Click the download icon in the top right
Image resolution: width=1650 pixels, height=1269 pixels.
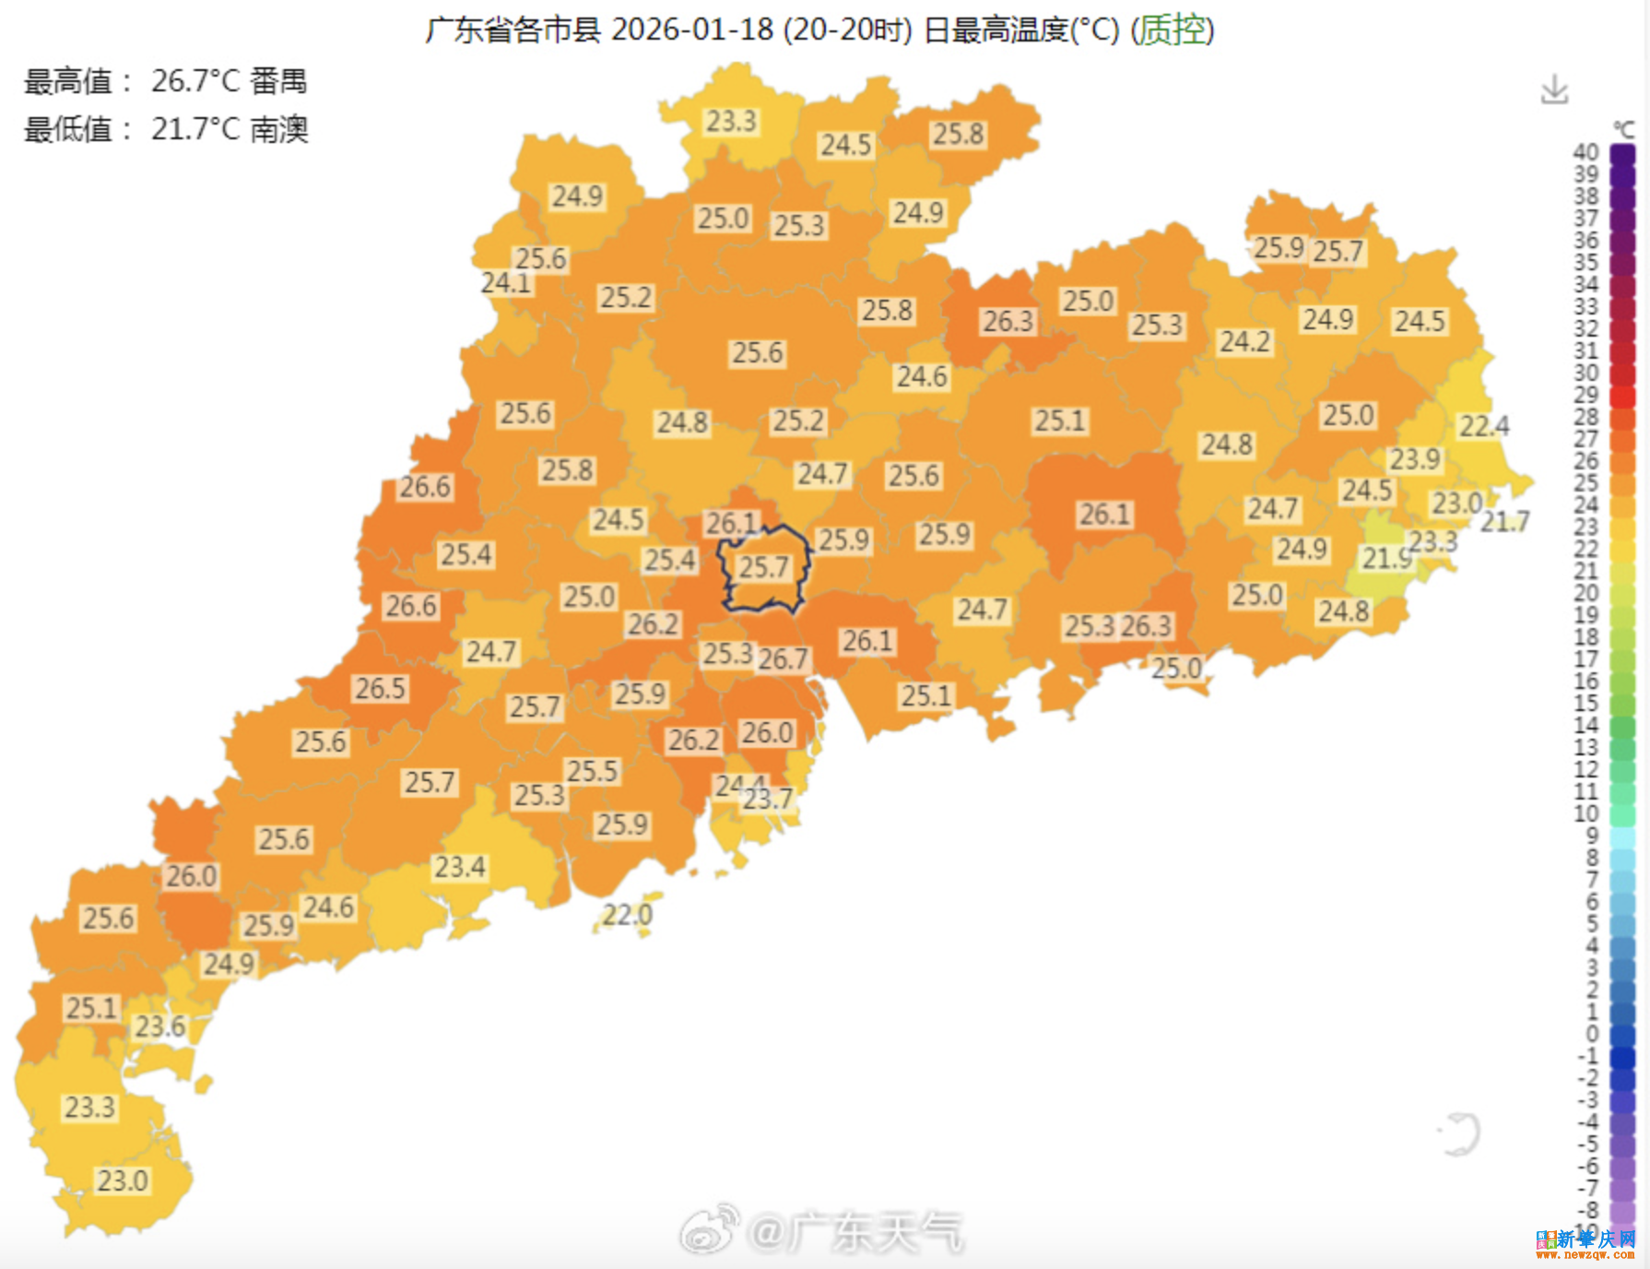click(x=1554, y=90)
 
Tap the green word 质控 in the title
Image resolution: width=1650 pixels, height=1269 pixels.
click(x=1173, y=30)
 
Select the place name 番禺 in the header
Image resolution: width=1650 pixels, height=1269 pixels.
click(x=278, y=81)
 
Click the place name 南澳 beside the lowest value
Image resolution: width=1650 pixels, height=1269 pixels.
click(x=278, y=129)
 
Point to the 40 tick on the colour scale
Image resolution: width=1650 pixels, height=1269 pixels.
click(x=1585, y=152)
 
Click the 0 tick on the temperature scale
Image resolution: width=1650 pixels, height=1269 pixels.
click(x=1591, y=1034)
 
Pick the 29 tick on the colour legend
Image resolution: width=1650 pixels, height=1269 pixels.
click(x=1585, y=395)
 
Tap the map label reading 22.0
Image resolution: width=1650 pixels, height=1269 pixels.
click(x=628, y=915)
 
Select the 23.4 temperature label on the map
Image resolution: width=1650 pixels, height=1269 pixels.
click(x=460, y=867)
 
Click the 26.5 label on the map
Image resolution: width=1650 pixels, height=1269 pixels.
click(x=381, y=689)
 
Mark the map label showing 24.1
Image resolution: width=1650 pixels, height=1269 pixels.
click(x=506, y=283)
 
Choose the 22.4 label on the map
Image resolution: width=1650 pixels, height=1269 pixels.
click(x=1484, y=426)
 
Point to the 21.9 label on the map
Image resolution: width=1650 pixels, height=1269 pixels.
click(x=1386, y=558)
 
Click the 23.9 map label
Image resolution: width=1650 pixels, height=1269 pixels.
click(x=1415, y=459)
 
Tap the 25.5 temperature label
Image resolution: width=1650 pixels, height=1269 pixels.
click(x=592, y=771)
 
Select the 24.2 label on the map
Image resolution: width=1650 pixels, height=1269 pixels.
click(x=1245, y=342)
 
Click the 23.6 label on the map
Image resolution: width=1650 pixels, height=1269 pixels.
click(x=159, y=1026)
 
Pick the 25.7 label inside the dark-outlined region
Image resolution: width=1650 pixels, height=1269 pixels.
click(x=764, y=567)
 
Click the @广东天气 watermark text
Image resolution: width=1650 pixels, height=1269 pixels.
click(x=855, y=1233)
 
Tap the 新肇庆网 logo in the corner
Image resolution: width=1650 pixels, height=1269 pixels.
click(x=1585, y=1242)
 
